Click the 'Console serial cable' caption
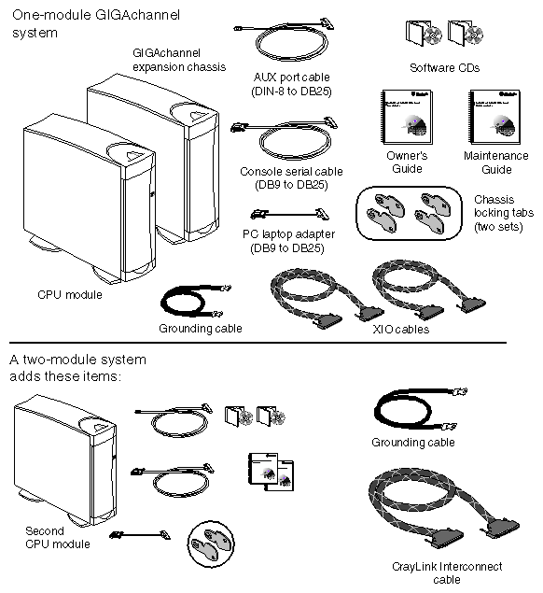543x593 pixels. click(291, 177)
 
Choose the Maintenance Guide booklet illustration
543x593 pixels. click(494, 117)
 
